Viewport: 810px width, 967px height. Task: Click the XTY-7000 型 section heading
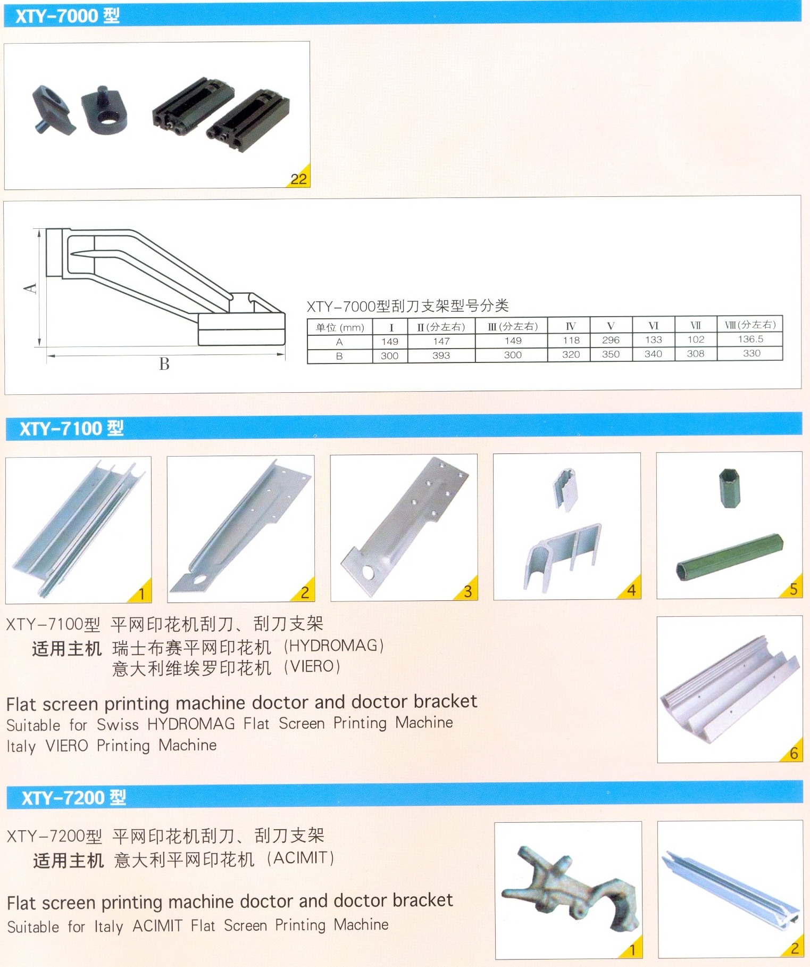click(67, 16)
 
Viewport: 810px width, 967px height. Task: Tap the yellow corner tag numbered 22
click(299, 178)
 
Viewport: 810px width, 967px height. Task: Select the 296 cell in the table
click(611, 340)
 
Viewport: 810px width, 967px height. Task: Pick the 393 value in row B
click(441, 355)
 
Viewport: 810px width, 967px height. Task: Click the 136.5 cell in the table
click(750, 338)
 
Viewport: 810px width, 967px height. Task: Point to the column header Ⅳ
click(570, 326)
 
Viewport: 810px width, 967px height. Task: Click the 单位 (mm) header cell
click(340, 327)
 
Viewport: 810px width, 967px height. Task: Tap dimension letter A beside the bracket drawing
click(30, 288)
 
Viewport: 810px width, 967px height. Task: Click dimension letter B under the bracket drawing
click(164, 364)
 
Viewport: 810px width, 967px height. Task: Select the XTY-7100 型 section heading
click(71, 428)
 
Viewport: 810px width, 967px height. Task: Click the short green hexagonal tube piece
click(729, 487)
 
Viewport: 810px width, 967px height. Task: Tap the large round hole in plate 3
click(368, 572)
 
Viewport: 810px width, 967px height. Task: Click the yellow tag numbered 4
click(631, 590)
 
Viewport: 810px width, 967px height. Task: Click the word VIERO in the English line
click(67, 746)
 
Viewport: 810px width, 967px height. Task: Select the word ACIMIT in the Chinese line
click(300, 857)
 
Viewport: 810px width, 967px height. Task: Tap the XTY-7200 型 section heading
click(73, 797)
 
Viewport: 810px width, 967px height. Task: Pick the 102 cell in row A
click(696, 339)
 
